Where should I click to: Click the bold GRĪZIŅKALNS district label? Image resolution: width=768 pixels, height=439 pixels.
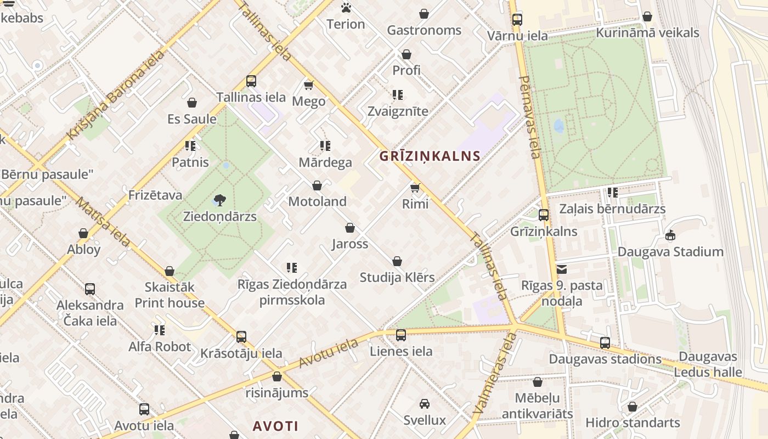(x=430, y=156)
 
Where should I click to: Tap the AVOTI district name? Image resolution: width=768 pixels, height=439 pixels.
(x=275, y=426)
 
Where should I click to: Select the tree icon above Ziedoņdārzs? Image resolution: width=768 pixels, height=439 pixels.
(x=220, y=200)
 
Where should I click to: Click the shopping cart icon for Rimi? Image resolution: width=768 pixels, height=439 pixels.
(x=415, y=188)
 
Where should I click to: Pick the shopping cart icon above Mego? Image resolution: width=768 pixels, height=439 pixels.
(x=309, y=85)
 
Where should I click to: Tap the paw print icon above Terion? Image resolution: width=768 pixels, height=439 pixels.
(x=346, y=8)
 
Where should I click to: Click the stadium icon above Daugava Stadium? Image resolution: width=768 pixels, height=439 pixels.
(x=670, y=235)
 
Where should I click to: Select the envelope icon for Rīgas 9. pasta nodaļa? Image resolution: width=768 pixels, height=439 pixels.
(x=562, y=269)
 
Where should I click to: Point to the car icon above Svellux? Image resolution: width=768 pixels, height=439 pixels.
(x=424, y=404)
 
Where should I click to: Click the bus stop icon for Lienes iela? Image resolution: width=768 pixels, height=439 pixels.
(x=401, y=335)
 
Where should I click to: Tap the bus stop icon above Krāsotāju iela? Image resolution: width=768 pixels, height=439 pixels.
(x=241, y=337)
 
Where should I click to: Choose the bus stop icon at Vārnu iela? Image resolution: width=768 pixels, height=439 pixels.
(x=517, y=20)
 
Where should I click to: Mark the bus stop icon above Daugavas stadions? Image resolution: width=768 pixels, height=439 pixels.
(x=605, y=343)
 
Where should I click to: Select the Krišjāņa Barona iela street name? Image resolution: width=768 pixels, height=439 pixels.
(x=115, y=94)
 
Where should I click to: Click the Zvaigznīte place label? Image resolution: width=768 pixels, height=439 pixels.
(x=398, y=111)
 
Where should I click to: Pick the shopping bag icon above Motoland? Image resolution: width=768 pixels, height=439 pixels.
(x=317, y=185)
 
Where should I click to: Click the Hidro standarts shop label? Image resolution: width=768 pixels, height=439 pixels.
(x=633, y=423)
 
